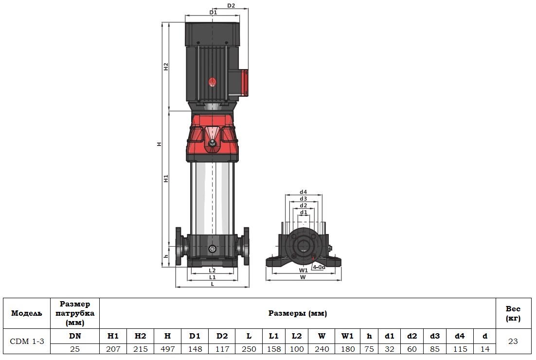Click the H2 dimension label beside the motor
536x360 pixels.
166,67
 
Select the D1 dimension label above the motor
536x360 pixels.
213,12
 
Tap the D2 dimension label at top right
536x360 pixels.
231,6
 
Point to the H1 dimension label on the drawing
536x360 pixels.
166,178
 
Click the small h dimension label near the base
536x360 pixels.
166,256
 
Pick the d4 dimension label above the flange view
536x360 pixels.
304,192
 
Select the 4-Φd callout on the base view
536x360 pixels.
319,267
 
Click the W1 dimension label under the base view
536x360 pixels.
303,270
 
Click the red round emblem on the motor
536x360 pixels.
212,82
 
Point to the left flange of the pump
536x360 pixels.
179,246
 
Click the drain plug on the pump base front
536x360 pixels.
212,249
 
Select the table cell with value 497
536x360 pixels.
167,349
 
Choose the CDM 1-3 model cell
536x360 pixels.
27,342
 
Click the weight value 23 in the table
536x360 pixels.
513,342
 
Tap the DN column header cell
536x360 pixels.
75,336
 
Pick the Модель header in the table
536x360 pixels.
27,313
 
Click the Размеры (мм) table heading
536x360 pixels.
297,313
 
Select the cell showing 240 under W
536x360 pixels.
322,349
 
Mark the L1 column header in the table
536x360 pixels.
274,336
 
